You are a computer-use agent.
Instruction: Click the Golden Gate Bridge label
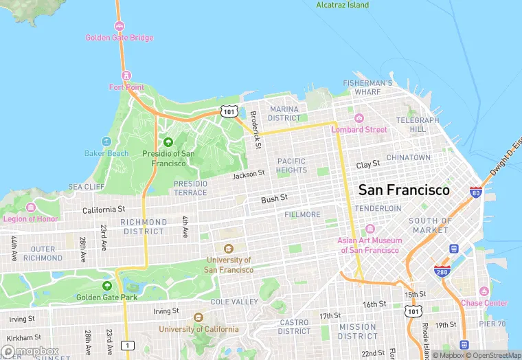(x=120, y=38)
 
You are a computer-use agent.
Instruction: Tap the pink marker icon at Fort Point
(x=125, y=75)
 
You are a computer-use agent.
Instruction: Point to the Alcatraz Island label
(x=342, y=5)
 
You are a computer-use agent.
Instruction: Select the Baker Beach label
(x=106, y=153)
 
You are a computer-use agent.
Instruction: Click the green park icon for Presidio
(x=168, y=142)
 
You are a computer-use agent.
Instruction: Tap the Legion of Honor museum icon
(x=30, y=207)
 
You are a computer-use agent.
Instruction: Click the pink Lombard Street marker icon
(x=359, y=118)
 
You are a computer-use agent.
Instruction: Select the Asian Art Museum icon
(x=370, y=229)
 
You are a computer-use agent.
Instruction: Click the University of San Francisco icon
(x=229, y=249)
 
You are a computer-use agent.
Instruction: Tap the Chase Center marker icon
(x=484, y=291)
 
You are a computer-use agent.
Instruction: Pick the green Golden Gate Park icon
(x=106, y=285)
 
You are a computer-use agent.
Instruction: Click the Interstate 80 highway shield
(x=475, y=192)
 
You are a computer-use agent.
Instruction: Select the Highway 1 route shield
(x=127, y=344)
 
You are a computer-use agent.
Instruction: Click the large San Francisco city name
(x=405, y=190)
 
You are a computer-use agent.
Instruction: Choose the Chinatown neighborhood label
(x=409, y=157)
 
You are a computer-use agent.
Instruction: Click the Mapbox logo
(x=30, y=351)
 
